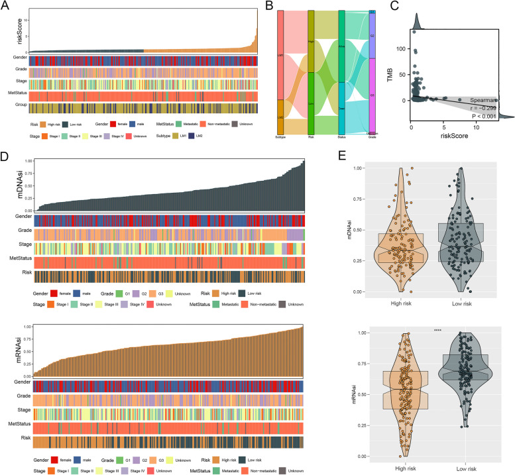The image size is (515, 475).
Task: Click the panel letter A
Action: [5, 6]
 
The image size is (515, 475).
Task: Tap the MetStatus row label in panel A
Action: [15, 95]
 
